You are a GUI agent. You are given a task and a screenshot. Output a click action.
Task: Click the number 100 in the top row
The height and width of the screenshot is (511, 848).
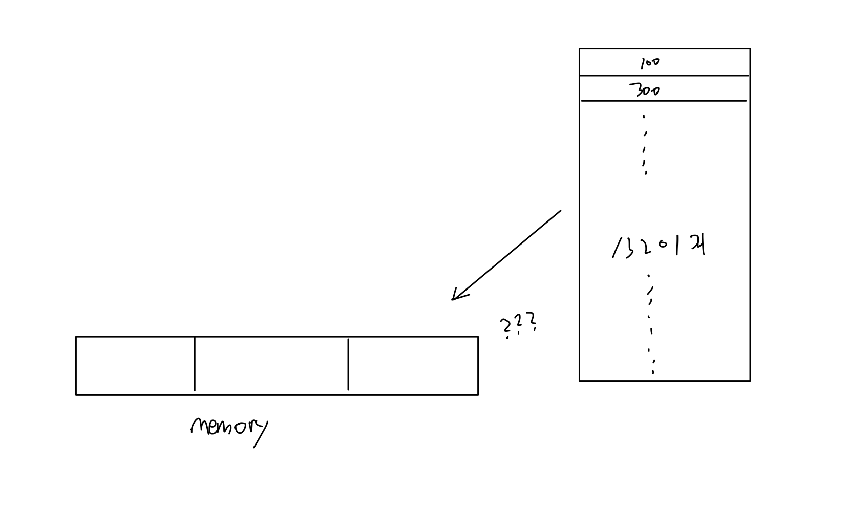click(649, 63)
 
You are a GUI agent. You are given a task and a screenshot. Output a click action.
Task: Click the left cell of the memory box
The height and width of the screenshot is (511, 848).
click(135, 366)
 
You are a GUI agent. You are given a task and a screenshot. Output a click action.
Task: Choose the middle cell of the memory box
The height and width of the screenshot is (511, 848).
click(271, 366)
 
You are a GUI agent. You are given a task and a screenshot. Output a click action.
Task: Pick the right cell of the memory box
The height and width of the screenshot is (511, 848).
click(413, 366)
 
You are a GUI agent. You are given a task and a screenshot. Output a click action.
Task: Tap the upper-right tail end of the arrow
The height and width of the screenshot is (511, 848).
click(560, 211)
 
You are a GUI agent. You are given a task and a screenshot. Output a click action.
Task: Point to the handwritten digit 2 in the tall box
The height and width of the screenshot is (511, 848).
click(646, 248)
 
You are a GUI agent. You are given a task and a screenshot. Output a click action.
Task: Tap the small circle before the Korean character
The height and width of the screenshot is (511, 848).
click(663, 244)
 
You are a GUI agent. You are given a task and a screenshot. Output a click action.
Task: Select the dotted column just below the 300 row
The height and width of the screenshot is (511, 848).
click(645, 144)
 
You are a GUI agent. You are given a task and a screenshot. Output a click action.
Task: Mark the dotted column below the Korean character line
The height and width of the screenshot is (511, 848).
click(651, 324)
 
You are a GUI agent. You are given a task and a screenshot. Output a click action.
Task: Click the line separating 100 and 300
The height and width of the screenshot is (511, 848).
click(664, 76)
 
